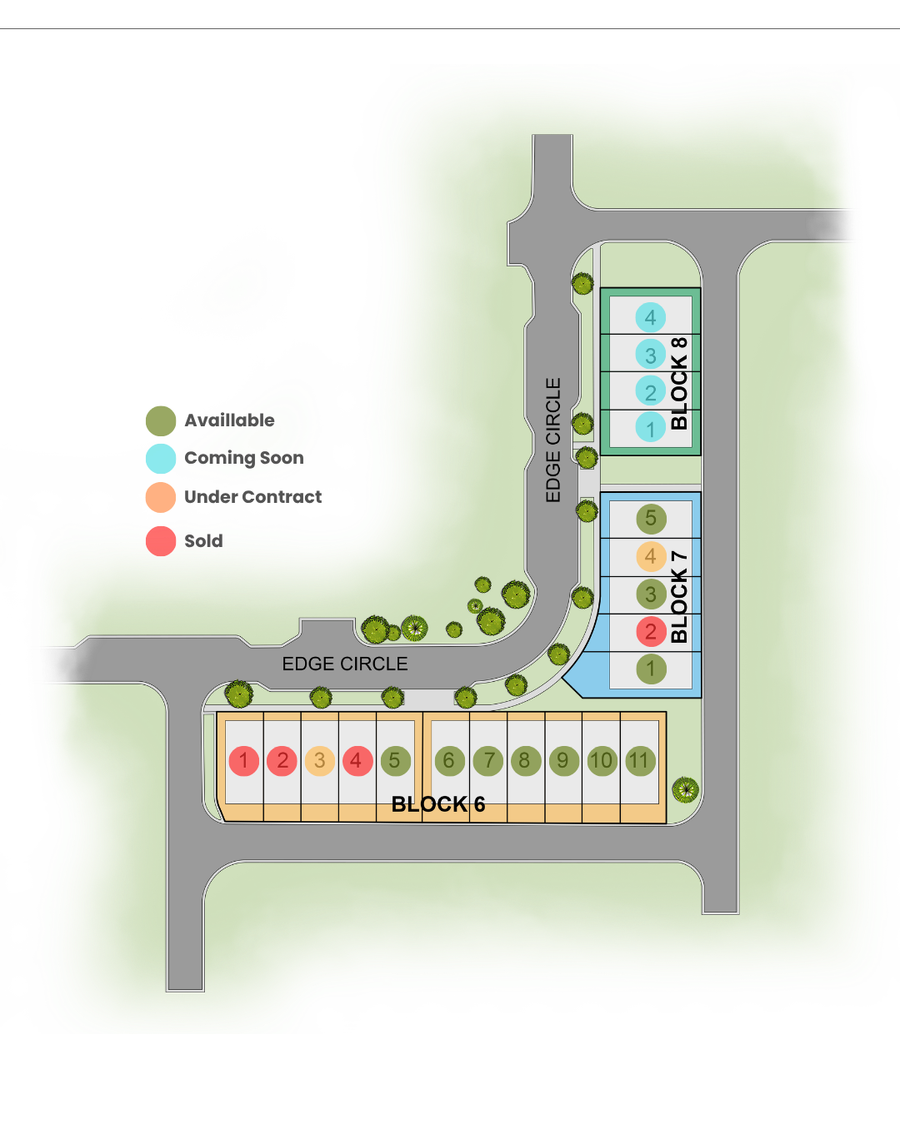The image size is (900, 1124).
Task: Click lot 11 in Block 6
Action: point(640,761)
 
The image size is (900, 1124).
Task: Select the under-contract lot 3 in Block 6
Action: point(319,761)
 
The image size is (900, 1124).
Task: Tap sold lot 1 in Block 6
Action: point(243,761)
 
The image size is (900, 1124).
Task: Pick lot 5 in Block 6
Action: point(395,761)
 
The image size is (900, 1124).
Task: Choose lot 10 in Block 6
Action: point(602,761)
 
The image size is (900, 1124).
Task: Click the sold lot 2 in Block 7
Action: point(651,631)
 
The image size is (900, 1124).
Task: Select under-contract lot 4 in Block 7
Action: point(651,556)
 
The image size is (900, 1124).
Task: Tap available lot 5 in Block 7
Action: point(651,519)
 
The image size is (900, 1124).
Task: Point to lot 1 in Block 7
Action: point(651,669)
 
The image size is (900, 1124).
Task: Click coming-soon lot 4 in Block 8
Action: point(651,317)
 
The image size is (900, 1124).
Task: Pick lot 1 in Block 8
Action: point(651,427)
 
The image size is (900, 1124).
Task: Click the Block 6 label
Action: point(438,804)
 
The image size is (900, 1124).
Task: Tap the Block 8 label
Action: point(679,384)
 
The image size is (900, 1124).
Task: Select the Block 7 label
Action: point(679,596)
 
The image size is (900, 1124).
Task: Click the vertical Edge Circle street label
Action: point(552,440)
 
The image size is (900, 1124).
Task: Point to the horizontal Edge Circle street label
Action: point(345,664)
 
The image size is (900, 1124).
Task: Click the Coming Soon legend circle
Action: point(161,459)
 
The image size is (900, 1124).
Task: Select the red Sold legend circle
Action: point(161,541)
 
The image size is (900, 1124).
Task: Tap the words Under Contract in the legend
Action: point(253,497)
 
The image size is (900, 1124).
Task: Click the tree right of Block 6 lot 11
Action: point(685,790)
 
